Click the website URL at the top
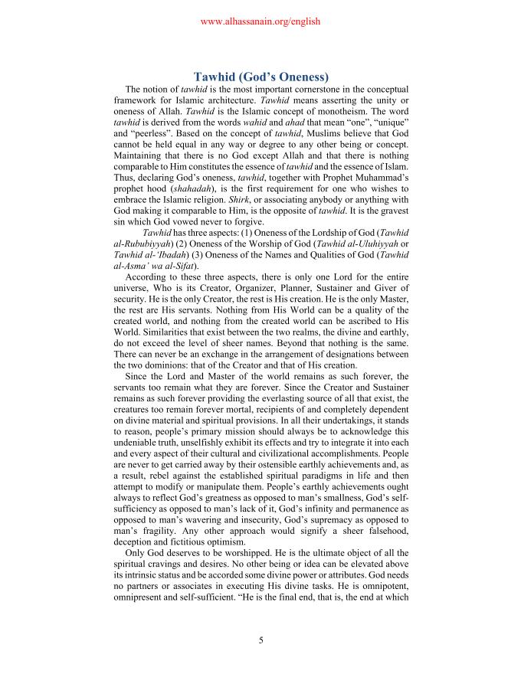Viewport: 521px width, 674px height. click(260, 22)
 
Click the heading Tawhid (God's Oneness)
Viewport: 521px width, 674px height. click(260, 77)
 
